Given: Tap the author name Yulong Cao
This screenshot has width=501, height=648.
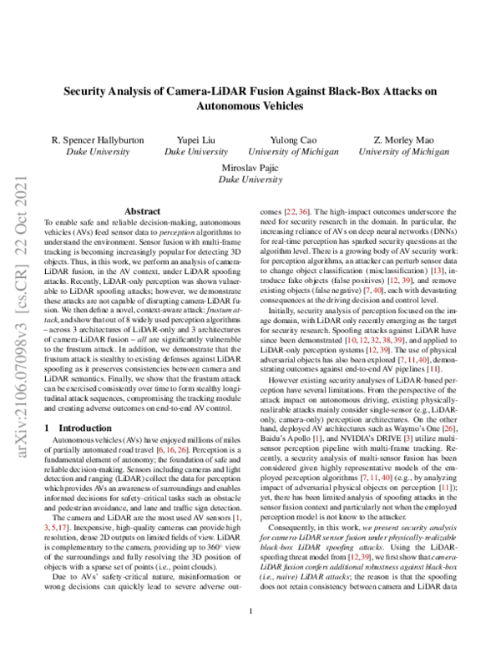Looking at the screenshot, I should [292, 139].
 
